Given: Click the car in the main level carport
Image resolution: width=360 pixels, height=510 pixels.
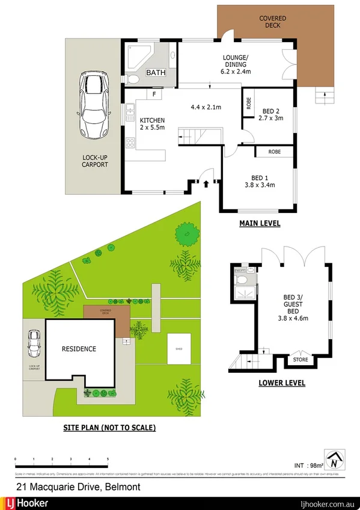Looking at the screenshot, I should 92,106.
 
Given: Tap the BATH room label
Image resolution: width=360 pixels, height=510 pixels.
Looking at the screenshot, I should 156,73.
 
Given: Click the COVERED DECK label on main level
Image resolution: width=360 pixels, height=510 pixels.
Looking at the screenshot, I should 272,22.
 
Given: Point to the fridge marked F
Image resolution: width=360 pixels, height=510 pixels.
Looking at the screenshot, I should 154,94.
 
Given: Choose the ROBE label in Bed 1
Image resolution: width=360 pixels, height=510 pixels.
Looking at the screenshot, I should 275,152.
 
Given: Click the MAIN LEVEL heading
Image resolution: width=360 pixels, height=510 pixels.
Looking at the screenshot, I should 260,224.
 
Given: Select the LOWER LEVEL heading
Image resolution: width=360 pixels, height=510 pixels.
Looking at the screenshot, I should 281,382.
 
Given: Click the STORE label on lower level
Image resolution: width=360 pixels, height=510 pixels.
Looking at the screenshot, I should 300,360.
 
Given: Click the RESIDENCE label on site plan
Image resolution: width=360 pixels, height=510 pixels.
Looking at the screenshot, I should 79,349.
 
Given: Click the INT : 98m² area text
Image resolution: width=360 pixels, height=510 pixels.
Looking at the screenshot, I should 309,465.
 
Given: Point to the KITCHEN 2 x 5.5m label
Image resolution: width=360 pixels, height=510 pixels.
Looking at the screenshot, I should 151,124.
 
